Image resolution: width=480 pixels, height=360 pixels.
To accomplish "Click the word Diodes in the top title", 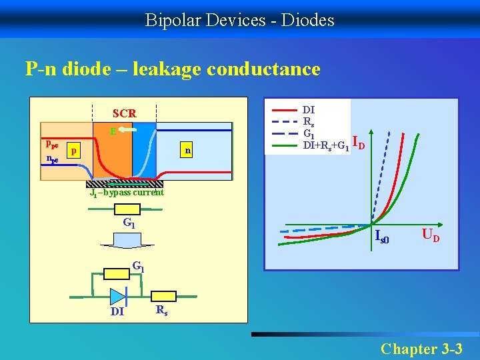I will (308, 20).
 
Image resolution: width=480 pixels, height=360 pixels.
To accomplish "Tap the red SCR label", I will (125, 114).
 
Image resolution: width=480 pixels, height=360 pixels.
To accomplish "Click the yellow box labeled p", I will (75, 151).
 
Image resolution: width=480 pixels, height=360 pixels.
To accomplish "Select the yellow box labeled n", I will (189, 151).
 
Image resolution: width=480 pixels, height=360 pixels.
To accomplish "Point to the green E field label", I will (113, 132).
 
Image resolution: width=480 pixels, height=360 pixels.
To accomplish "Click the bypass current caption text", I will (127, 193).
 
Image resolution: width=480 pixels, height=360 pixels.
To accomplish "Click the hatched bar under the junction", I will (125, 184).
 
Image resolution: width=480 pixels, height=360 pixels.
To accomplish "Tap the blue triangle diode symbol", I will (118, 296).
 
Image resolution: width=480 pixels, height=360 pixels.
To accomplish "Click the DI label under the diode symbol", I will (117, 311).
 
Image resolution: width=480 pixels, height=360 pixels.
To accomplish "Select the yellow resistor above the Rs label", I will (163, 296).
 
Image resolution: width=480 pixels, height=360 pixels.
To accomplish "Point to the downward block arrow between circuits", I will (124, 245).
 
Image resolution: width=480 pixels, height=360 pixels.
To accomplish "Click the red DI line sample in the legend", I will (285, 109).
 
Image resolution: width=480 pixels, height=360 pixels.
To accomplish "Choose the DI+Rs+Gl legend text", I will (326, 145).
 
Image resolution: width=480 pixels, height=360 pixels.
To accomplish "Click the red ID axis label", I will (358, 142).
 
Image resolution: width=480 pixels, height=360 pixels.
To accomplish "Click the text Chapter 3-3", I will (426, 348).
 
